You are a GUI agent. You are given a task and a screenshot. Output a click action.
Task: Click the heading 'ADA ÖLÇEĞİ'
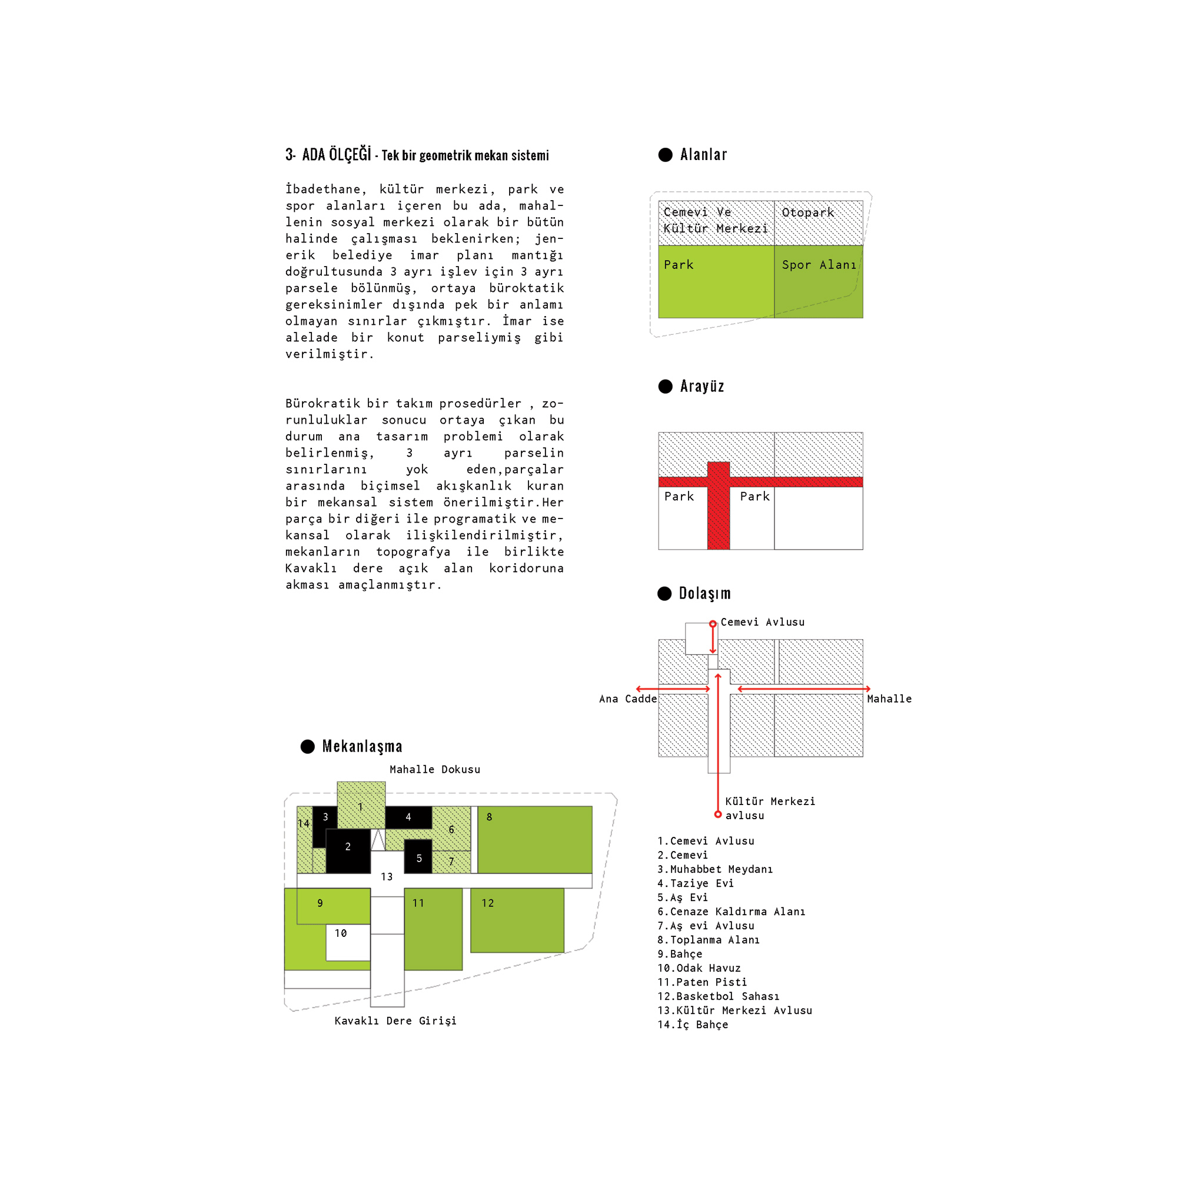click(x=336, y=155)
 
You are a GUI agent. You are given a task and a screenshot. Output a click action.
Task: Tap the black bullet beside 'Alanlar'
click(x=665, y=155)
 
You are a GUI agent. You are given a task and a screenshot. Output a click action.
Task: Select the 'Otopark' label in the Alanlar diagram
click(x=808, y=212)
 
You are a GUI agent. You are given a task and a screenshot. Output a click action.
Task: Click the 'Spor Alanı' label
click(x=819, y=265)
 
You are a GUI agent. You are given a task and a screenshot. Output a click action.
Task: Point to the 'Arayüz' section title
click(x=702, y=386)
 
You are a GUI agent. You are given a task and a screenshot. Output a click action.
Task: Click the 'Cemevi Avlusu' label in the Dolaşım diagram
click(x=762, y=622)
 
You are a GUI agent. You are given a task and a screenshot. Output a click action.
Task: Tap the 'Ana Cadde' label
click(x=627, y=699)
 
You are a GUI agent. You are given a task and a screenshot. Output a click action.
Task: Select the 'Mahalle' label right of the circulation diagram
click(x=889, y=699)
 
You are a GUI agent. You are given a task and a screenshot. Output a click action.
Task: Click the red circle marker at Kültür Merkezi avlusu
click(x=717, y=814)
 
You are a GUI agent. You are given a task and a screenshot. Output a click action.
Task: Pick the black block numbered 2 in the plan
click(x=348, y=850)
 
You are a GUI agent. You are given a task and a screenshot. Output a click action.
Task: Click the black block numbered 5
click(x=418, y=856)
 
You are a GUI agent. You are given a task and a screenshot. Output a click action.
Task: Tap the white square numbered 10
click(x=347, y=942)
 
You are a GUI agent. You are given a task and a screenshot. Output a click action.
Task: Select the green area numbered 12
click(x=517, y=920)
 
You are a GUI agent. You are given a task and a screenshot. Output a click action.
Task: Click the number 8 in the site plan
click(x=489, y=817)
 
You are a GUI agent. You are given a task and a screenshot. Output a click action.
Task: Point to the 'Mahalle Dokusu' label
click(x=435, y=769)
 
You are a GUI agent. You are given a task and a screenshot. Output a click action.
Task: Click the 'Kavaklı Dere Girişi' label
click(x=395, y=1020)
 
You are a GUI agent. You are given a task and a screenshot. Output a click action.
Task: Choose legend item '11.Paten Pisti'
click(x=702, y=982)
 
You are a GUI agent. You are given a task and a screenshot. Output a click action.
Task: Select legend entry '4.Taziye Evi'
click(x=695, y=883)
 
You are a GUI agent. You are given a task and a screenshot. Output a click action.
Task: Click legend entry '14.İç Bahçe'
click(x=693, y=1025)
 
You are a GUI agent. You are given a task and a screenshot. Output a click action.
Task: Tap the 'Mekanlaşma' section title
click(x=362, y=746)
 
